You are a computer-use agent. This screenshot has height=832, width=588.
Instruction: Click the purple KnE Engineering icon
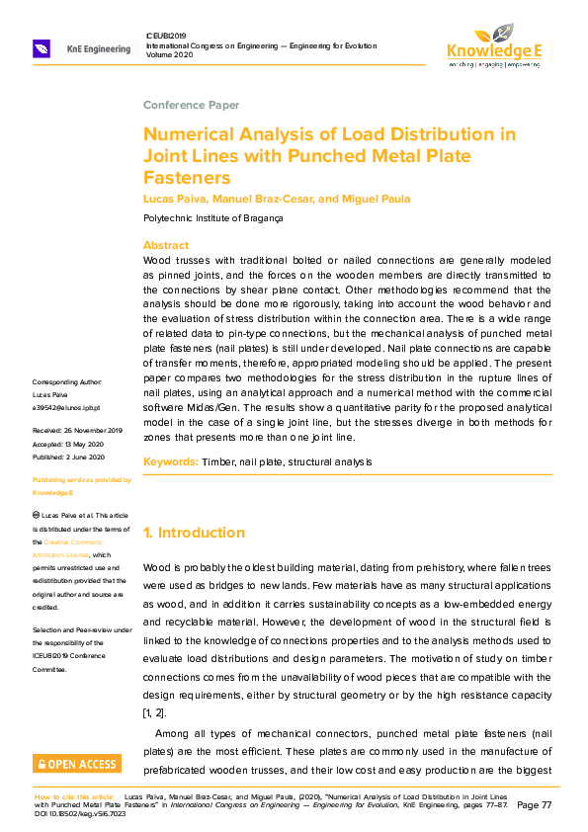pyautogui.click(x=42, y=47)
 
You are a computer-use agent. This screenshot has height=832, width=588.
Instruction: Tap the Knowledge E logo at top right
pyautogui.click(x=493, y=44)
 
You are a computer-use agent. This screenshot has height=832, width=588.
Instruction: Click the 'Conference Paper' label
pyautogui.click(x=191, y=105)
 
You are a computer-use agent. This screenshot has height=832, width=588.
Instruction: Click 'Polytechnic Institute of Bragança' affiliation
pyautogui.click(x=212, y=218)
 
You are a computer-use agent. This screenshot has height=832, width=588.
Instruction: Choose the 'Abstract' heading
pyautogui.click(x=166, y=245)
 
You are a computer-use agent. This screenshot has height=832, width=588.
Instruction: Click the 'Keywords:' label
pyautogui.click(x=171, y=461)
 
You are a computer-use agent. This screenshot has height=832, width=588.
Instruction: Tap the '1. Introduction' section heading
pyautogui.click(x=194, y=533)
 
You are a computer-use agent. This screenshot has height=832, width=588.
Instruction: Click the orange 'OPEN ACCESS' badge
pyautogui.click(x=77, y=764)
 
